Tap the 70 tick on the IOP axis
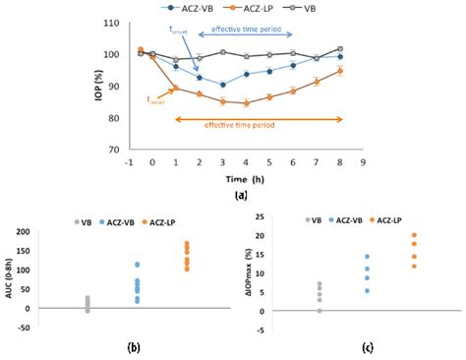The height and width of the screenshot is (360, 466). pyautogui.click(x=118, y=150)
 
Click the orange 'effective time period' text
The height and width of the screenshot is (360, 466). pyautogui.click(x=244, y=125)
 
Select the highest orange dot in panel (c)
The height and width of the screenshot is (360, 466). pyautogui.click(x=413, y=236)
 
